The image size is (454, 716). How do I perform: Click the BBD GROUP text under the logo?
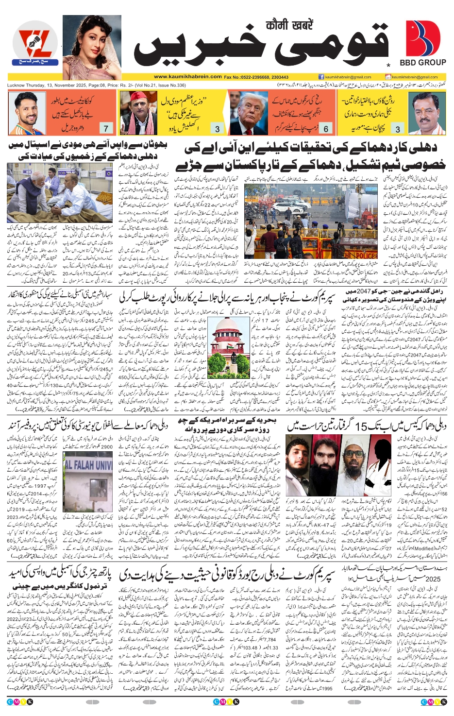[x=422, y=63]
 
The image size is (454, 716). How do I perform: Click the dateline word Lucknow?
[x=17, y=85]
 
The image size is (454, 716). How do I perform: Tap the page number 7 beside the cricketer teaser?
[x=106, y=128]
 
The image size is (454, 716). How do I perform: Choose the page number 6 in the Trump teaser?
[x=326, y=128]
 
